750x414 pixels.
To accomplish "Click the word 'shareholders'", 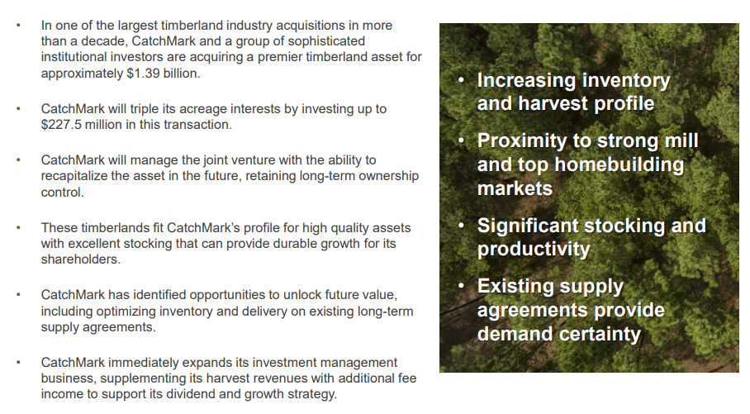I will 79,259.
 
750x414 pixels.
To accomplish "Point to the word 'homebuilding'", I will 619,164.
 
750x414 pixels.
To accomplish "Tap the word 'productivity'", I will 534,250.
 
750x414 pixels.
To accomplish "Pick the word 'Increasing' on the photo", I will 526,80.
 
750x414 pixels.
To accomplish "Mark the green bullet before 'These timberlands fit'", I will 20,227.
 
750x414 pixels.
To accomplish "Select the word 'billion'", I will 179,73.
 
